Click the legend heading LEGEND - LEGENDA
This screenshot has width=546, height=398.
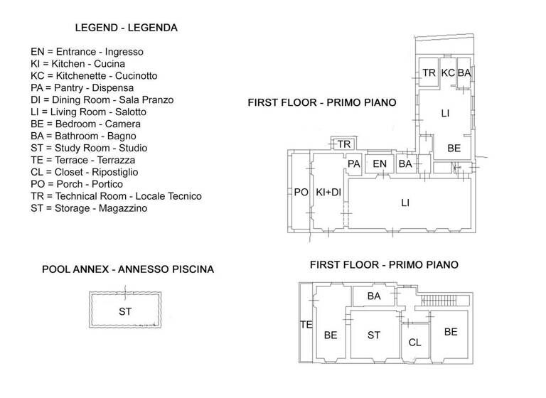point(126,28)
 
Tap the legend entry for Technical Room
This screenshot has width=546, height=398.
point(116,196)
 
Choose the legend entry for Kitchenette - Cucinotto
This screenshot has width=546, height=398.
point(104,75)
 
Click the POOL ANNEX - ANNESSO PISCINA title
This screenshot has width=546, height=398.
point(128,269)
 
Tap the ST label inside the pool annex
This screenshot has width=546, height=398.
point(125,311)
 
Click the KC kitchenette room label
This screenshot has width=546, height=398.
point(448,73)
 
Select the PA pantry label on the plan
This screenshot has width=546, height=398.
point(354,165)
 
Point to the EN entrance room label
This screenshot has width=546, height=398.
point(380,165)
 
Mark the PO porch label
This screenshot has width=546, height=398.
point(301,193)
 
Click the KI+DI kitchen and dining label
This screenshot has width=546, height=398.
point(327,193)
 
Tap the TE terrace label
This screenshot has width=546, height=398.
point(306,325)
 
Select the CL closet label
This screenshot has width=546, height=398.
point(414,343)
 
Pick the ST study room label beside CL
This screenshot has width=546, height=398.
point(374,335)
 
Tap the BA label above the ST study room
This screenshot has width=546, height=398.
point(374,296)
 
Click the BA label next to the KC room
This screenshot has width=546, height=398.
point(464,73)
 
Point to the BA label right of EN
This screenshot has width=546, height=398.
point(405,165)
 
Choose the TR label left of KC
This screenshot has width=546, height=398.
point(429,73)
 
